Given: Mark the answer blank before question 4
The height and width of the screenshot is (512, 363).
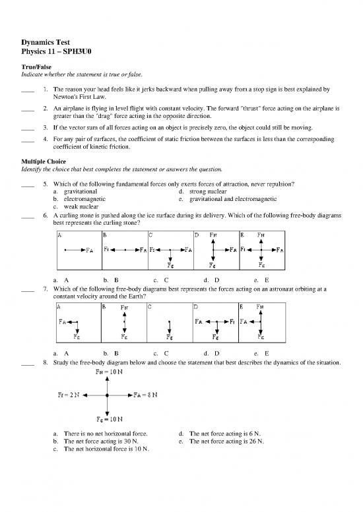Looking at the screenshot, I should pyautogui.click(x=28, y=140).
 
